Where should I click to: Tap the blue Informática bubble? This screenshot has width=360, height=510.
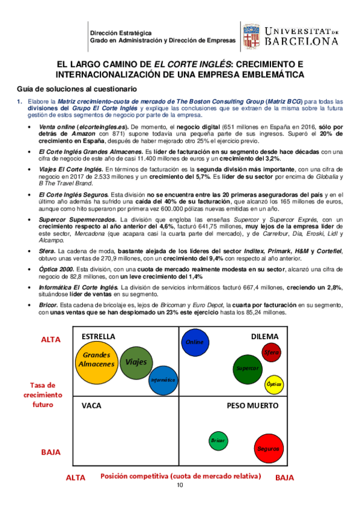tap(163, 380)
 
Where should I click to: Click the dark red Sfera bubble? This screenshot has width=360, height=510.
tap(272, 352)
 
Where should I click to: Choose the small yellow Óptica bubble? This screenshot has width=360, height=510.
tap(273, 383)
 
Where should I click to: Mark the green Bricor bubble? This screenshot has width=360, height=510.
tap(218, 441)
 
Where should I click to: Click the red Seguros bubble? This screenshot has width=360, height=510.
tap(268, 448)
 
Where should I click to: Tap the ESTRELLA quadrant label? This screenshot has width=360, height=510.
tap(98, 336)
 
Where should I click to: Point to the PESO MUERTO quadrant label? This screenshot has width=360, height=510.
tap(252, 406)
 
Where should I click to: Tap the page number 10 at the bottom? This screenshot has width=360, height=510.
tap(180, 485)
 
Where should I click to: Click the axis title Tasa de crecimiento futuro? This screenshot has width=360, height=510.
tap(43, 395)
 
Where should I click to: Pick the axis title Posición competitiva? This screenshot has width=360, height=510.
tap(180, 476)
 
